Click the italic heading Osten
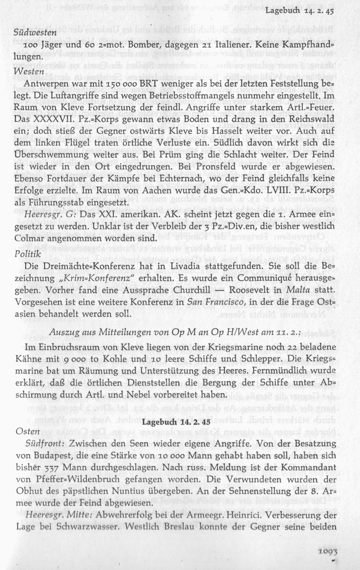(24, 431)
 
